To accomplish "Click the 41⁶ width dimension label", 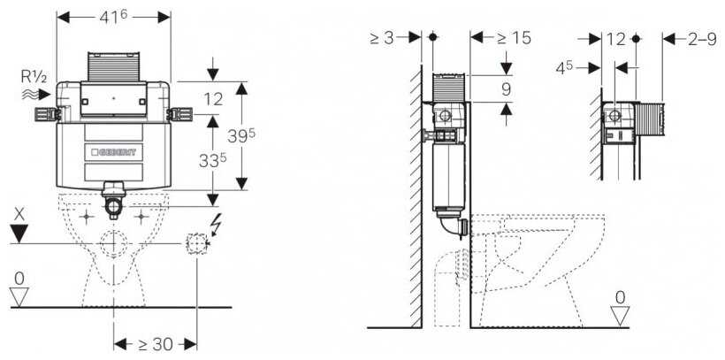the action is click(113, 17).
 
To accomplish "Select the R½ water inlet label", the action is click(34, 76).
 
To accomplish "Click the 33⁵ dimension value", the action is click(213, 160).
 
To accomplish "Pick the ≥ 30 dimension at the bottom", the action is click(156, 344).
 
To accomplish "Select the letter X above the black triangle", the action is click(19, 214).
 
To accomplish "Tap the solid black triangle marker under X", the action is click(19, 234).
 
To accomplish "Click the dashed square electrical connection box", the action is click(196, 243).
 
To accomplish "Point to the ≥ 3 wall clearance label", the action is click(382, 38).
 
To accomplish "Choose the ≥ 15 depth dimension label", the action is click(513, 38).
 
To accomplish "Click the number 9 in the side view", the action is click(507, 88).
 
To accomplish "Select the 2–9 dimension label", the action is click(702, 39).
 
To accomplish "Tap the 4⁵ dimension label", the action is click(564, 68).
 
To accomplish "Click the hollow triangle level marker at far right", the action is click(620, 315).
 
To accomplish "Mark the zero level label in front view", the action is click(19, 278).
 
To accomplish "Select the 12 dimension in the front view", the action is click(213, 99).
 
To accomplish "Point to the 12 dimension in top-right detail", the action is click(616, 39).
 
